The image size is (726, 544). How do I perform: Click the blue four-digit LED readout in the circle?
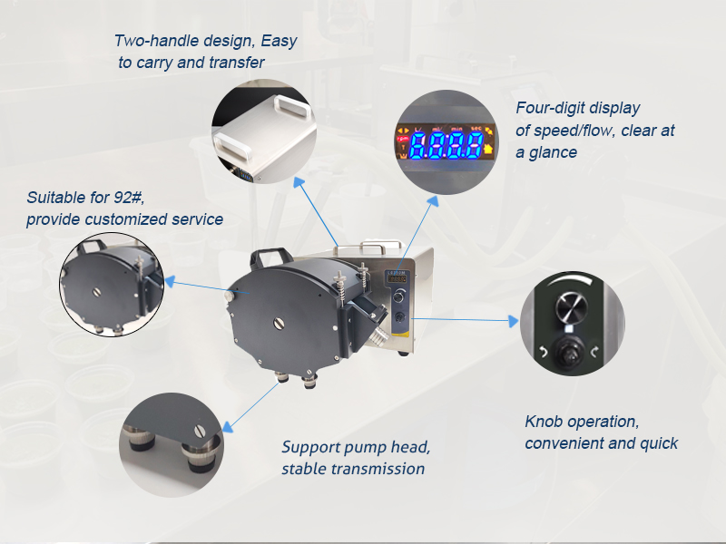[446, 145]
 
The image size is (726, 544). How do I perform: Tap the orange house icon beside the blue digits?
[488, 149]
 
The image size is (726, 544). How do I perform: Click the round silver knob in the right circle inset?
[572, 307]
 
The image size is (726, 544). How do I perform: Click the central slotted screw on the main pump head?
[279, 324]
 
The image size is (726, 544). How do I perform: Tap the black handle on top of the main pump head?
[270, 257]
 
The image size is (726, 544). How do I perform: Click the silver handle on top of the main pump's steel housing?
[368, 248]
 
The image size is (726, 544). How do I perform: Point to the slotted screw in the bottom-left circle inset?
[200, 432]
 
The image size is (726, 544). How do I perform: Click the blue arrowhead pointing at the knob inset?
[513, 321]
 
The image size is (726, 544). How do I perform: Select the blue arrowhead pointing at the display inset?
[433, 200]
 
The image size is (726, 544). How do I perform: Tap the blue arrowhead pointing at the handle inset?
[299, 183]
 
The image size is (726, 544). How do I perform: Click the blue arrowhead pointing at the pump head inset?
[170, 281]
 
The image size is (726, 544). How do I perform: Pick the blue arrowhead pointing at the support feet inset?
[228, 427]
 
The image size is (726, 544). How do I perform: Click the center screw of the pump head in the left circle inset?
[96, 292]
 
